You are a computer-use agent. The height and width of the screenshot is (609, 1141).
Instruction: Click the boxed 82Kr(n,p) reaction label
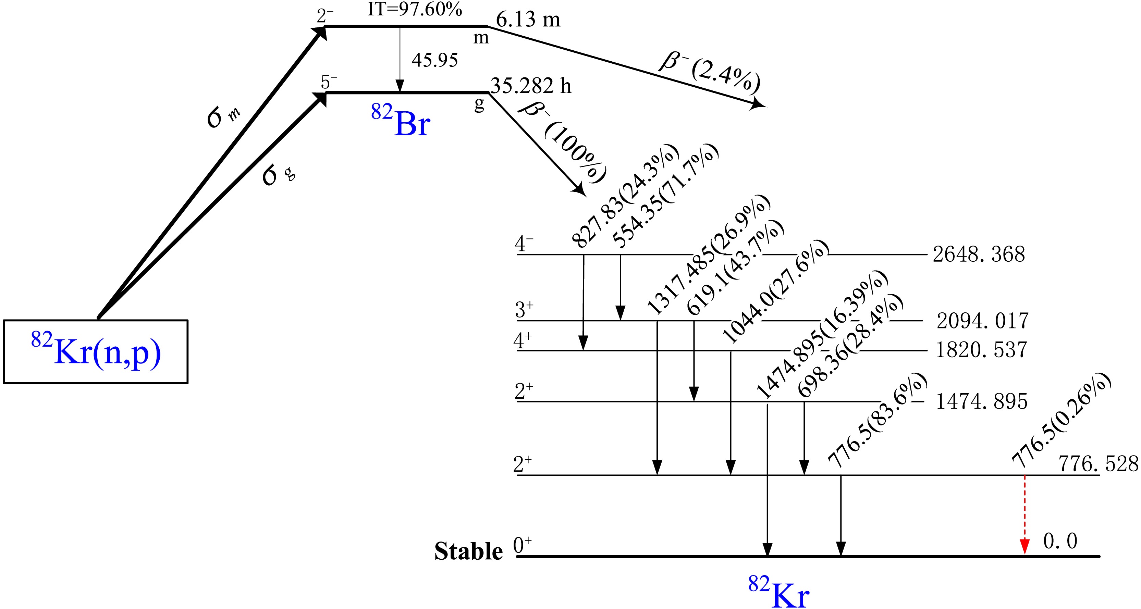click(x=96, y=352)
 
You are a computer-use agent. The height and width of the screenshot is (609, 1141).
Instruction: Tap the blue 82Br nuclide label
click(x=401, y=122)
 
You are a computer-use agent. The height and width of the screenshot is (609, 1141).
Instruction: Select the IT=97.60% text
click(x=415, y=9)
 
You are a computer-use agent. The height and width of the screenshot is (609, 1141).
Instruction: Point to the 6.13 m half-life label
click(x=528, y=20)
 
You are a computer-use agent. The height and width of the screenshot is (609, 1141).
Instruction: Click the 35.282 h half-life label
click(x=531, y=86)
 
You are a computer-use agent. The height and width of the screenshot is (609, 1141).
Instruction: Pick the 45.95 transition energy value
click(x=434, y=60)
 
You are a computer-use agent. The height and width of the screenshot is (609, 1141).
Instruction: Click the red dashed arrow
click(x=1024, y=514)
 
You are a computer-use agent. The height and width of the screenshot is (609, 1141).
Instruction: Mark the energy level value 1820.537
click(x=981, y=350)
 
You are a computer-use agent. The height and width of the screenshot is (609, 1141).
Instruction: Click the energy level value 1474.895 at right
click(x=981, y=402)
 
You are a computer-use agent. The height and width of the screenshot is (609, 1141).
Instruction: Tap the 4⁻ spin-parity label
click(x=524, y=244)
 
